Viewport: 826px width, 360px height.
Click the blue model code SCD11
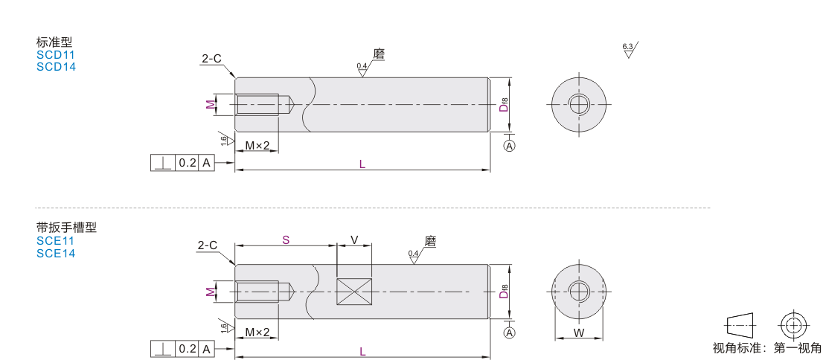pos(56,55)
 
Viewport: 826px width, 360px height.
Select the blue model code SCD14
pos(56,67)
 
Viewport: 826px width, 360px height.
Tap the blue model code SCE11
pos(55,241)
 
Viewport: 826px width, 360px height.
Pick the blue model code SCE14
pos(56,254)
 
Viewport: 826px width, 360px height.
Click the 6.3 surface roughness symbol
pos(629,50)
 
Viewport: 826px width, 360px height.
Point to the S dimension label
pos(286,240)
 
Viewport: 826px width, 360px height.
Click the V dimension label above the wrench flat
pos(354,240)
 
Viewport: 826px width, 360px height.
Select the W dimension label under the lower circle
pos(579,332)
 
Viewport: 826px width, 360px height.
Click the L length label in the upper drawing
pos(362,164)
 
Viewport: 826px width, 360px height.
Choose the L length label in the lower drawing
pos(362,352)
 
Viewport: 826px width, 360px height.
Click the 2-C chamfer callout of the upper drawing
pos(211,59)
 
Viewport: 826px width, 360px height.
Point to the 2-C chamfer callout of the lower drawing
pos(208,245)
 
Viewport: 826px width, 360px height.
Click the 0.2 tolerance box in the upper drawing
pos(187,163)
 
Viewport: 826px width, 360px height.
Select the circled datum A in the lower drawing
pos(510,332)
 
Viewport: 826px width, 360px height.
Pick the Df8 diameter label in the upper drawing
pos(504,104)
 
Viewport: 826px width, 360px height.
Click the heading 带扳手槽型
pos(66,228)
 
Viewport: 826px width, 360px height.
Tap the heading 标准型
pos(54,42)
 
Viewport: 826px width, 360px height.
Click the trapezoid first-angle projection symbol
pos(740,326)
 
